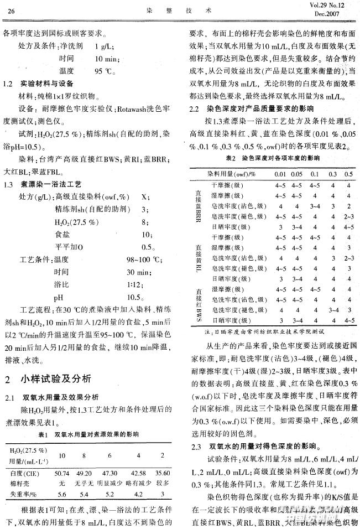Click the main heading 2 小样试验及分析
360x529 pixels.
click(x=44, y=380)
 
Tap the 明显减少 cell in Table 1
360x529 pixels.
click(x=109, y=483)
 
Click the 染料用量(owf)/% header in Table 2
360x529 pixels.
click(x=232, y=174)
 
